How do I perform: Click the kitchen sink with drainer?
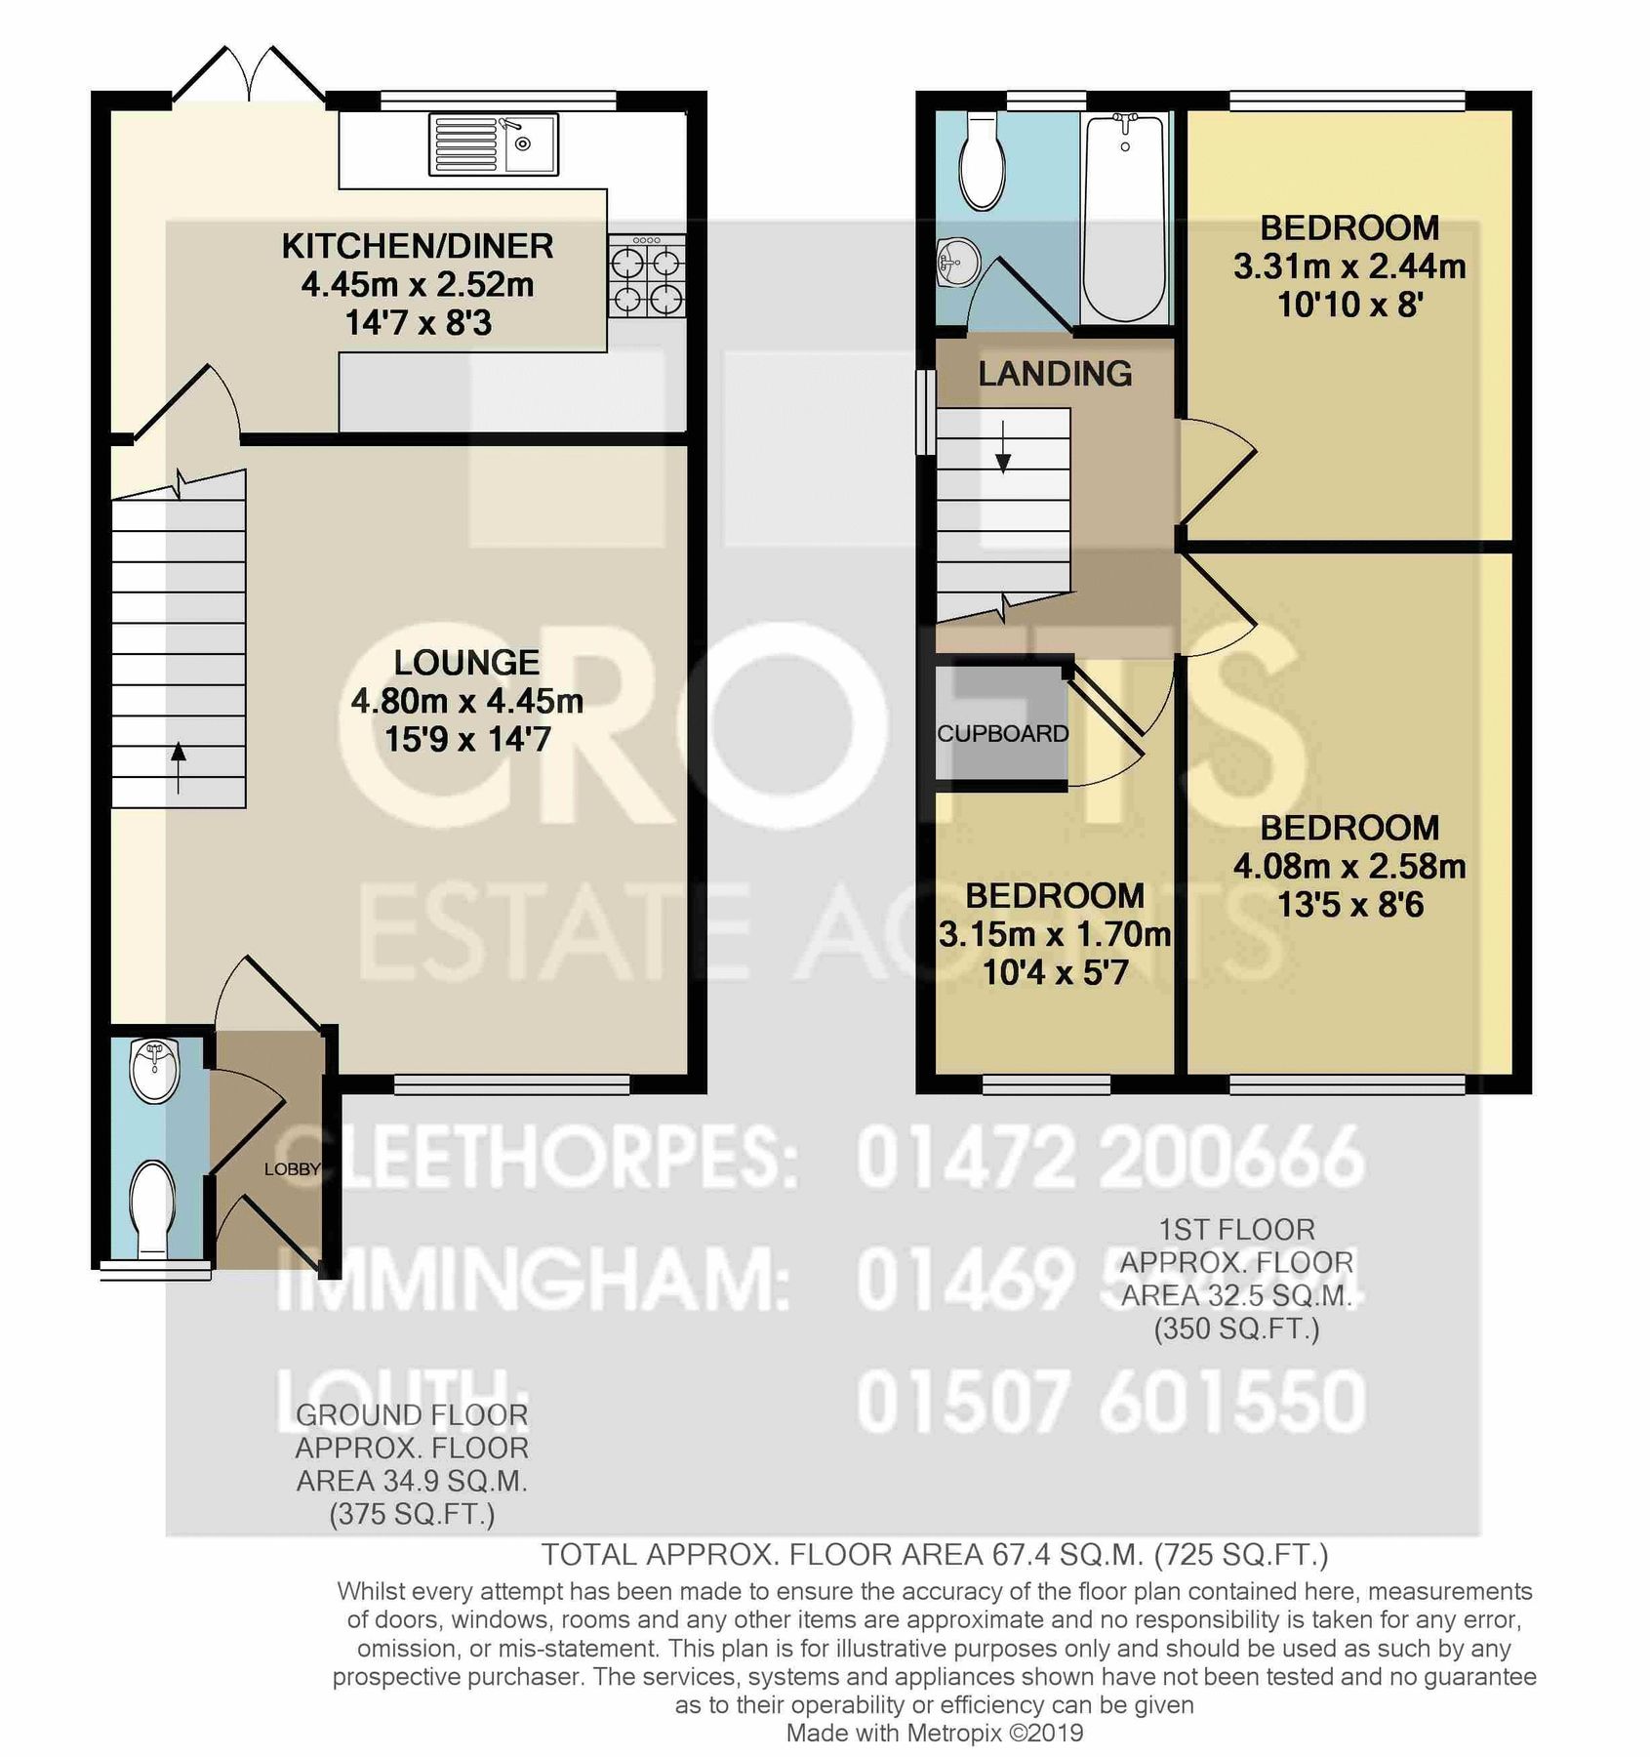click(493, 144)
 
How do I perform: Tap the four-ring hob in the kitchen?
click(646, 277)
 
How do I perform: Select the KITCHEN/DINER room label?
click(418, 246)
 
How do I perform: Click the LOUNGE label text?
click(466, 663)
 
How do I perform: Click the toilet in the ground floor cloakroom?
click(153, 1205)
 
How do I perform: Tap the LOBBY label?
click(292, 1168)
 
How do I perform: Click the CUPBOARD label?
click(1003, 734)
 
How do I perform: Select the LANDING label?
click(1055, 374)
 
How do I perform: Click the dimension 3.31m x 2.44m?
click(1349, 266)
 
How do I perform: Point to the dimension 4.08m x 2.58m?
click(1349, 867)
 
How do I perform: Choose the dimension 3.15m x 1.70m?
click(1055, 935)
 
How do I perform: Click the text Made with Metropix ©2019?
click(934, 1733)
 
